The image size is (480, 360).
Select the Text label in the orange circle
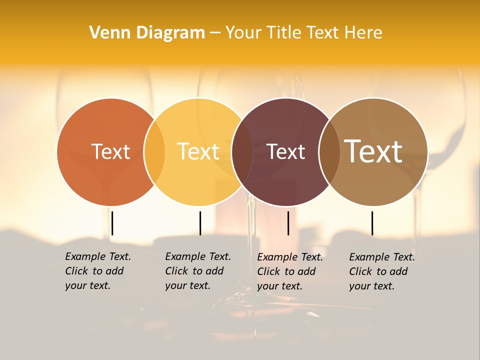[x=110, y=151]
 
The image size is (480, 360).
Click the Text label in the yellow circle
[x=198, y=151]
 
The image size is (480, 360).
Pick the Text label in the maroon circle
[x=285, y=151]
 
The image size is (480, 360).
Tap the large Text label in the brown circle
[x=373, y=151]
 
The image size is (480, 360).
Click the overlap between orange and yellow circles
[x=154, y=151]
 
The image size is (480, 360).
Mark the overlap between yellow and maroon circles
[x=242, y=151]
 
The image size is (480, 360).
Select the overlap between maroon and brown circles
[x=328, y=151]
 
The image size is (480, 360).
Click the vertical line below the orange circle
[x=112, y=223]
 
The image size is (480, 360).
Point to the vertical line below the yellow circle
[x=200, y=223]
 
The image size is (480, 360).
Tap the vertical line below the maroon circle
[x=288, y=223]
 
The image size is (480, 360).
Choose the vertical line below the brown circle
[x=372, y=223]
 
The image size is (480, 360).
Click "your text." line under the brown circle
[x=371, y=286]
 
